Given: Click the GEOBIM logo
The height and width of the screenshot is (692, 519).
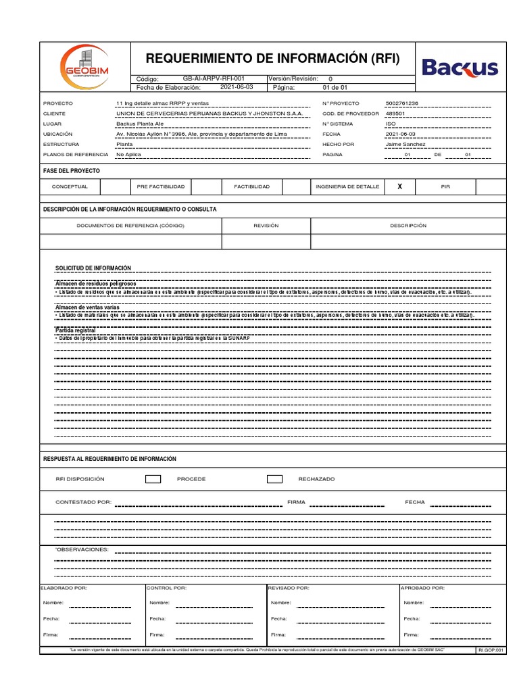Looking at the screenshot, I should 85,65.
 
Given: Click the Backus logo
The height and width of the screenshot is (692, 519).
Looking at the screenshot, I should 460,68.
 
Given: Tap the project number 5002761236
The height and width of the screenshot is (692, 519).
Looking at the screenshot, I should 401,103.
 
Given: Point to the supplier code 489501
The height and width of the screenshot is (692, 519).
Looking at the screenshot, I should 395,114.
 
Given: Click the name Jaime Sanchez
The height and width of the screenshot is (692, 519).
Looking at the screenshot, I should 405,144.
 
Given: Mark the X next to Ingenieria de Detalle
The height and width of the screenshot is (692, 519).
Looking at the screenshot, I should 399,186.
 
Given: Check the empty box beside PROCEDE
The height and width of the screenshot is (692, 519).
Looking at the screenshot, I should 153,479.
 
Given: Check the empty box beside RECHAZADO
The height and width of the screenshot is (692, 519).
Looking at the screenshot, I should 274,479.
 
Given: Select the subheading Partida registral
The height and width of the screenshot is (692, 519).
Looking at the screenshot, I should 75,330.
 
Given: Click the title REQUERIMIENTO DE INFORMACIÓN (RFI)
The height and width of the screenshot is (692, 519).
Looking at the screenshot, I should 273,59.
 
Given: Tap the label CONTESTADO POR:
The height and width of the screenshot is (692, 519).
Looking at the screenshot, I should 83,503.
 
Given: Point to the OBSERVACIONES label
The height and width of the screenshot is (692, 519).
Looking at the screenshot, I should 82,549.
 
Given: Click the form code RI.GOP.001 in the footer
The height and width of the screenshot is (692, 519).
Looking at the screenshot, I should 491,649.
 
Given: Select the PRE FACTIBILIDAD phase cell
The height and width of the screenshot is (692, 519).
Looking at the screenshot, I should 161,186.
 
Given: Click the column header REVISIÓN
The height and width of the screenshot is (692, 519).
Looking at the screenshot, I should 266,226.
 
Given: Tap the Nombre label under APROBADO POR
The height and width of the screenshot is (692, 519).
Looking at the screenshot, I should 413,602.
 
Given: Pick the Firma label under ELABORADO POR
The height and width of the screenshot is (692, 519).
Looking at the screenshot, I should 50,635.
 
